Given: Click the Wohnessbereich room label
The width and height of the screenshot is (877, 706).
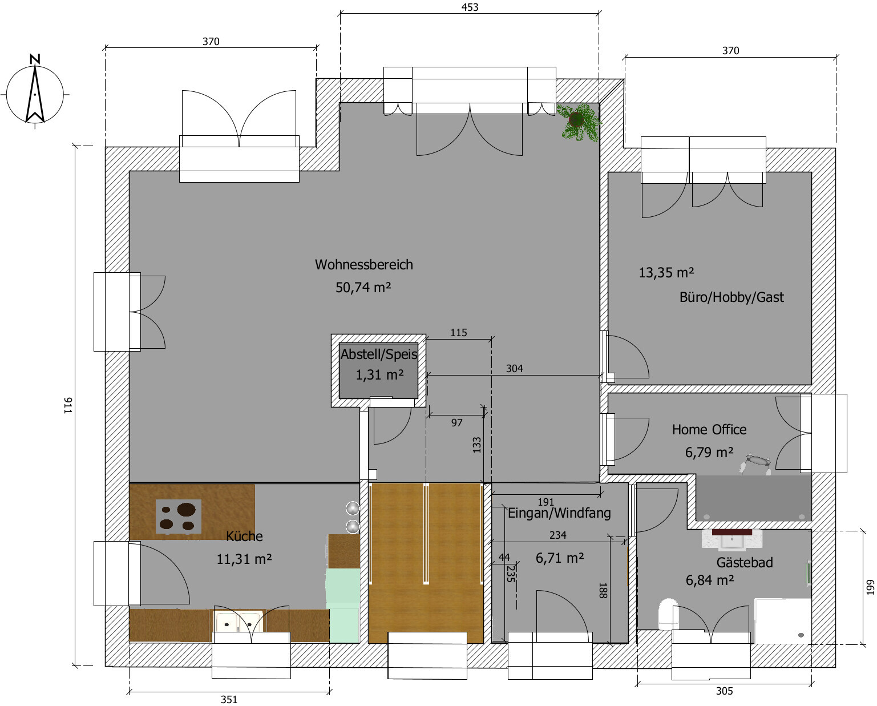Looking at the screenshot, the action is point(364,265).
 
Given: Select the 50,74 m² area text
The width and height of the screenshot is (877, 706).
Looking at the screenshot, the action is point(363,288).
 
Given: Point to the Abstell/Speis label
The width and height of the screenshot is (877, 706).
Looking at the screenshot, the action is point(379,354).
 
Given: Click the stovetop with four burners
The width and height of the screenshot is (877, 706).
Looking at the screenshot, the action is point(179,517).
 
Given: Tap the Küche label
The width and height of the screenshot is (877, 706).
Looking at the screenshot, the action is point(245,535).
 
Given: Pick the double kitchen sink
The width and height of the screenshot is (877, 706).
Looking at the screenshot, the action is point(239,620).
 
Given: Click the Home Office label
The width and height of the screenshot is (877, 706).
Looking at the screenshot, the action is point(709,429).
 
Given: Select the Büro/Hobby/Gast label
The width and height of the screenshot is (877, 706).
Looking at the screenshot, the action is point(731,297).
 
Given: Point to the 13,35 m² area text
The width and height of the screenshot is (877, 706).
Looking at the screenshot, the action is point(666,272).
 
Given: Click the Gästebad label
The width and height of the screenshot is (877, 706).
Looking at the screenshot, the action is point(745,563).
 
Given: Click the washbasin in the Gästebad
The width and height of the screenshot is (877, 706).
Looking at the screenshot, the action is point(732,540).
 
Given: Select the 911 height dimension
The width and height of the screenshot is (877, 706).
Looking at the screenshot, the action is point(68,406).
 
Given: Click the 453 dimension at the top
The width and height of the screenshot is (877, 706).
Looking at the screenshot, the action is point(470,7).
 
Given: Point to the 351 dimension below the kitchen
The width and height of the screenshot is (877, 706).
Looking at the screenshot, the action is point(229,700).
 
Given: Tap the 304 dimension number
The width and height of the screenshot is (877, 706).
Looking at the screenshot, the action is point(514,369).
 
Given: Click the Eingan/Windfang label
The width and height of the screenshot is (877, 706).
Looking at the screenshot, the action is point(559,513).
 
